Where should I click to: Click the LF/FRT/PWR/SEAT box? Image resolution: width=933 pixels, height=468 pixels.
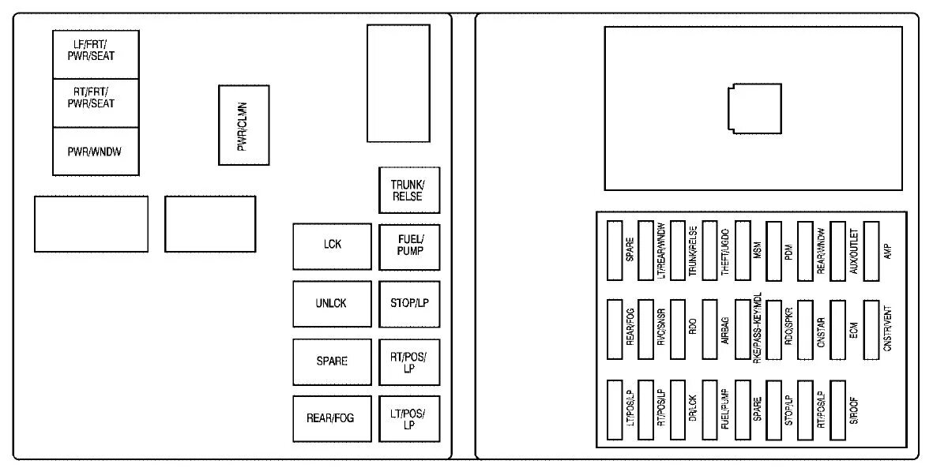click(96, 54)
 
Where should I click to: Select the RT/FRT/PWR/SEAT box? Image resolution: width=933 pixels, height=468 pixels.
click(96, 103)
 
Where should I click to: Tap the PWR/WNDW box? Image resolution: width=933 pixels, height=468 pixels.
click(96, 151)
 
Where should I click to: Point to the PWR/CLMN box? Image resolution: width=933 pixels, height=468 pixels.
click(243, 125)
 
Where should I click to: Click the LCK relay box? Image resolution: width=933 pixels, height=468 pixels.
click(333, 245)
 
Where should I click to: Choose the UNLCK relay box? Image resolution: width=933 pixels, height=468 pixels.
click(332, 303)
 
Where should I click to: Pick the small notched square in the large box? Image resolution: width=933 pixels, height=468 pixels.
click(754, 109)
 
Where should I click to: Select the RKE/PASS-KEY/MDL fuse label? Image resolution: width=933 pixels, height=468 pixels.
click(758, 328)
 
